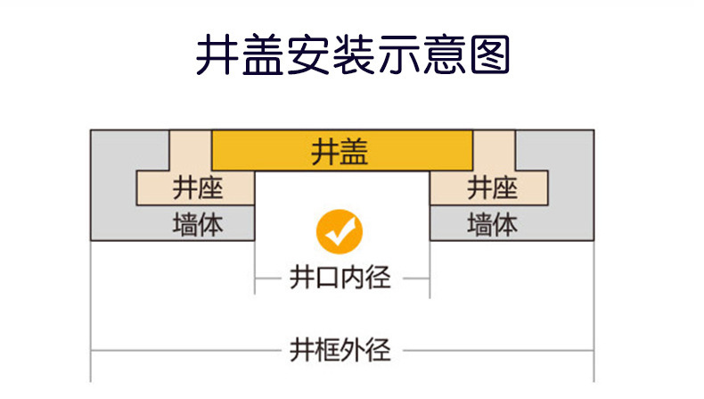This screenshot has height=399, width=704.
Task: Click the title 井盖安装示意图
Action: (x=352, y=55)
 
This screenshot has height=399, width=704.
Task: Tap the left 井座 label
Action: (x=197, y=187)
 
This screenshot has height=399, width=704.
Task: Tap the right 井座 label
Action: (x=492, y=187)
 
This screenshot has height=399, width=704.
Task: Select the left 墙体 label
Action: (x=197, y=224)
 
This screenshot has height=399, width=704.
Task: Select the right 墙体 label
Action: (x=492, y=224)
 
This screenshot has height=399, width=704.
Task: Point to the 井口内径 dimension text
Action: (x=340, y=278)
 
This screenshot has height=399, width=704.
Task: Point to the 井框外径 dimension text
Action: (x=340, y=349)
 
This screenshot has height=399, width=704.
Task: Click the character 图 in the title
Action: (x=488, y=55)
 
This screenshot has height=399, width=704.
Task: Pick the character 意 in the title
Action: (x=443, y=55)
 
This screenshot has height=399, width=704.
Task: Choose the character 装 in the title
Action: (x=353, y=55)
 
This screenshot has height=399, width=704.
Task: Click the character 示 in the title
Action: (x=398, y=55)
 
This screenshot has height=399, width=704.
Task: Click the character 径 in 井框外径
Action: (x=379, y=349)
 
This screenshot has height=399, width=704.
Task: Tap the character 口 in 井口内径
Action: (x=328, y=278)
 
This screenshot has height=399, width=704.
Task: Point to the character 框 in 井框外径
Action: (x=328, y=349)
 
